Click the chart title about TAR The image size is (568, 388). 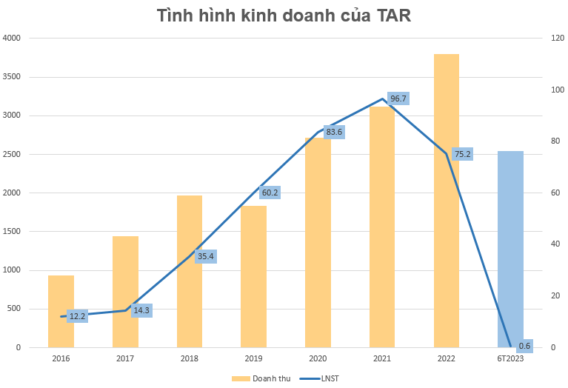coord(284,16)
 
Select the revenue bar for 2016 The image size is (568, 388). coord(61,311)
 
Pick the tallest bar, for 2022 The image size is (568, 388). coord(447,200)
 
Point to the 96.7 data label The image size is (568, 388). coord(399,98)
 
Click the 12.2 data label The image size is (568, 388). coord(78,316)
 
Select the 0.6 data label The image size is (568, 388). coord(524,345)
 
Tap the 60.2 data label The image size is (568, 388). coord(270,193)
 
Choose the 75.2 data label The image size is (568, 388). coord(463,154)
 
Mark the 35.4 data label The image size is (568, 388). coord(206,256)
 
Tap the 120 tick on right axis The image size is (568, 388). coord(556,38)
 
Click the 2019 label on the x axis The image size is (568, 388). coord(253,358)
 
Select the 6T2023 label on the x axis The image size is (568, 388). coord(510,358)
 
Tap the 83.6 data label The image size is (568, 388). coord(335,132)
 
